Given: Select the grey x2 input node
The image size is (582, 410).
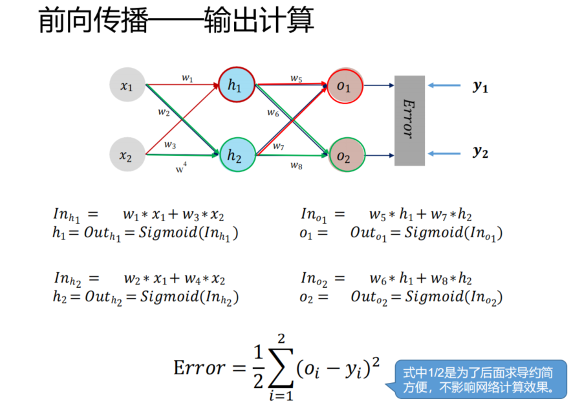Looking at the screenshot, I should (127, 155).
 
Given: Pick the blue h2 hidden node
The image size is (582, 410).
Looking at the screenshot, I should (235, 155).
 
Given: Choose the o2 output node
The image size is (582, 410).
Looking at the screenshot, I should (345, 155).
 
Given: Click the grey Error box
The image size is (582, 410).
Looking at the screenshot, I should (409, 120).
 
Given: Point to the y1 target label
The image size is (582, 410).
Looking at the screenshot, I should (480, 86).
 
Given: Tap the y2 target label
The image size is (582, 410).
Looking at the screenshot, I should (480, 153).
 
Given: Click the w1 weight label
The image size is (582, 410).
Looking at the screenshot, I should (187, 78).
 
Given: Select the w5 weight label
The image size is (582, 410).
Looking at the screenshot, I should (296, 78).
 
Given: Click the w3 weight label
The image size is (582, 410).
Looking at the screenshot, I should (169, 144).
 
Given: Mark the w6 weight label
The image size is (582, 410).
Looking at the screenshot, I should (273, 113).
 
